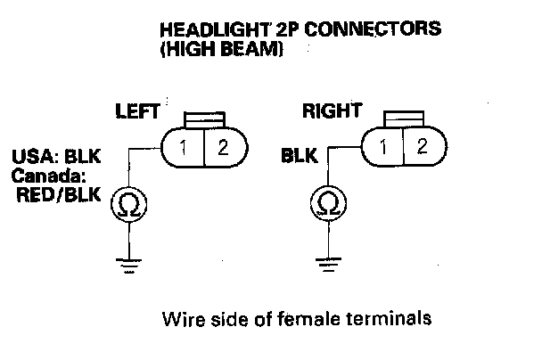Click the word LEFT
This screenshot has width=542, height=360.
pos(136,112)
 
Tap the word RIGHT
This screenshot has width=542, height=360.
pos(331,111)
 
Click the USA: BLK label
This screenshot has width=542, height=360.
pos(57,157)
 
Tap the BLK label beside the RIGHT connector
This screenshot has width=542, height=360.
pos(300,157)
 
